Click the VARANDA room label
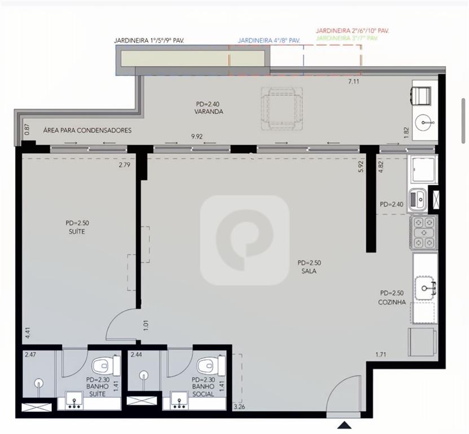(x=209, y=112)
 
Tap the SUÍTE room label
(x=77, y=232)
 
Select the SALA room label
(x=309, y=271)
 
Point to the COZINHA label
(x=392, y=302)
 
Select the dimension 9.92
(x=197, y=137)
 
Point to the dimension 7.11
(x=353, y=81)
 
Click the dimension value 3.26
(x=240, y=407)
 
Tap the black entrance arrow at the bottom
(x=345, y=425)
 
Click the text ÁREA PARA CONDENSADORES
(x=87, y=131)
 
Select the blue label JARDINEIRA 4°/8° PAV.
(x=269, y=41)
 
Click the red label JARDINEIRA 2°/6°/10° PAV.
(x=353, y=31)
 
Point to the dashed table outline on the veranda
(x=282, y=108)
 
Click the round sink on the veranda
(x=425, y=123)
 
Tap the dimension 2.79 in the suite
(x=124, y=164)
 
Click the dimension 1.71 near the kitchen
(x=381, y=355)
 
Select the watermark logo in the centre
(x=245, y=240)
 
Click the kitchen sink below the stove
(x=425, y=288)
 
